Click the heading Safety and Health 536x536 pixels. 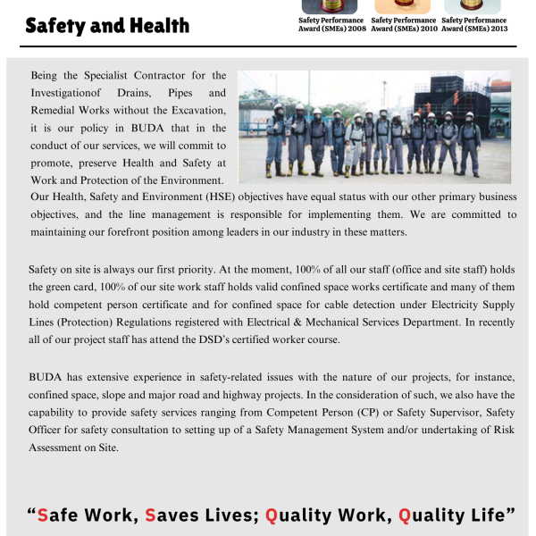click(107, 25)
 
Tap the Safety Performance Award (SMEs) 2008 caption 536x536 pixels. click(331, 25)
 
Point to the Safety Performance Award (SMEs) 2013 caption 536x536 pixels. click(474, 25)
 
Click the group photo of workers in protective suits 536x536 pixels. click(374, 127)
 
